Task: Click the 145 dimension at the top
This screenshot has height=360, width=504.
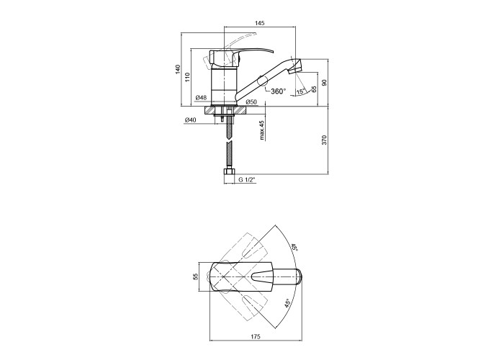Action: (x=260, y=23)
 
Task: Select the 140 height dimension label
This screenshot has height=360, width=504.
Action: (x=178, y=69)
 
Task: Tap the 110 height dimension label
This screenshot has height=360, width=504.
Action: (x=188, y=77)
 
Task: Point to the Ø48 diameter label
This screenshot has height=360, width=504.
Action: (x=201, y=97)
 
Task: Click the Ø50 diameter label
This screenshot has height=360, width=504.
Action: (x=251, y=102)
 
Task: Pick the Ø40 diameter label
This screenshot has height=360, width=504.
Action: (x=191, y=120)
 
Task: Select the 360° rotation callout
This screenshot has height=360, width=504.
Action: (x=279, y=91)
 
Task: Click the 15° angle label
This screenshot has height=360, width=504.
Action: (x=300, y=91)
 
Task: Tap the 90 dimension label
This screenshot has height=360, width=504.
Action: (x=324, y=82)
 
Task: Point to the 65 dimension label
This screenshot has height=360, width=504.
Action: (x=314, y=89)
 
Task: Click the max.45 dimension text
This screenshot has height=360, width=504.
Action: (x=262, y=130)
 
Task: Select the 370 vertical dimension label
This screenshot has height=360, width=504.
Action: (x=324, y=140)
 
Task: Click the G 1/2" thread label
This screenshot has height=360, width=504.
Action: (x=246, y=180)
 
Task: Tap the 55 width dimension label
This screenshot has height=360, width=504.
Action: (x=195, y=276)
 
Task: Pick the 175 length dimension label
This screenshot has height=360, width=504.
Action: (x=255, y=337)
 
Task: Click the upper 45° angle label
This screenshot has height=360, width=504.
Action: (x=294, y=248)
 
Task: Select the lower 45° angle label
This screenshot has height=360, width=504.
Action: (x=287, y=303)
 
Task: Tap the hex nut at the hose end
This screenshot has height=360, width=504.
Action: (x=229, y=172)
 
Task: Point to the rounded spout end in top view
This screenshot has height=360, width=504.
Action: (x=298, y=276)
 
